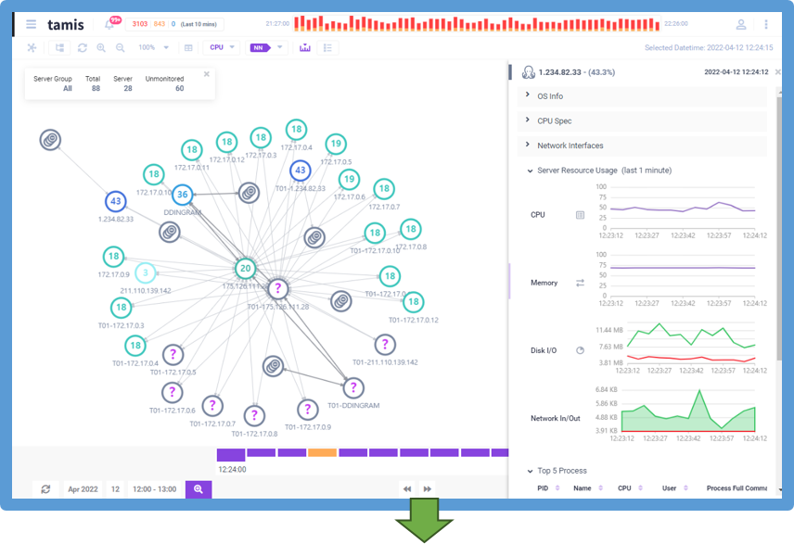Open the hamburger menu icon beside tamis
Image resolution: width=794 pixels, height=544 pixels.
pos(32,24)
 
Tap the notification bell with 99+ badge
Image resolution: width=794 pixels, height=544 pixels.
pos(109,24)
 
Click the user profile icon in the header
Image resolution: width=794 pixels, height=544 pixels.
pos(740,24)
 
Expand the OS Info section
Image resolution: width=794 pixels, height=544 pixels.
pos(550,95)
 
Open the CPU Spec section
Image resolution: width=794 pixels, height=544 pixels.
pos(554,120)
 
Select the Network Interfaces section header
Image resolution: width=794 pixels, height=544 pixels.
pos(570,145)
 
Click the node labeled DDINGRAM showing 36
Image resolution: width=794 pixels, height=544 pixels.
pos(184,196)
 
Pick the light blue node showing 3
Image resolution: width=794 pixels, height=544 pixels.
pos(145,272)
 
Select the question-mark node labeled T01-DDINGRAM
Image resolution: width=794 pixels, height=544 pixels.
pos(353,388)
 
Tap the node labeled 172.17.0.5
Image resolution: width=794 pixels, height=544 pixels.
pos(336,145)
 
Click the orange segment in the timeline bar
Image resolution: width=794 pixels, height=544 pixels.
pos(322,452)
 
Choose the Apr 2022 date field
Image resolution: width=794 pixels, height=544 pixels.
pos(83,488)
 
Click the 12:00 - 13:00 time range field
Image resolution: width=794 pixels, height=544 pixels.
pos(155,488)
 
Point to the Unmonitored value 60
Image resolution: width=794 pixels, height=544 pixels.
pos(179,89)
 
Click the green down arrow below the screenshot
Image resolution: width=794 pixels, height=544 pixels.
pos(424,525)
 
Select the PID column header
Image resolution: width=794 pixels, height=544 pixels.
pos(543,487)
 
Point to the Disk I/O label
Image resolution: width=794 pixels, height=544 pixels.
pos(544,350)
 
